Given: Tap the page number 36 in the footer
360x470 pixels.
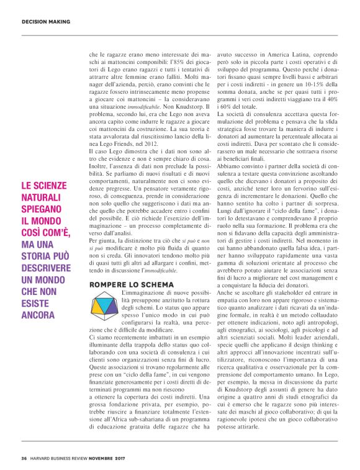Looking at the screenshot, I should (x=24, y=458).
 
